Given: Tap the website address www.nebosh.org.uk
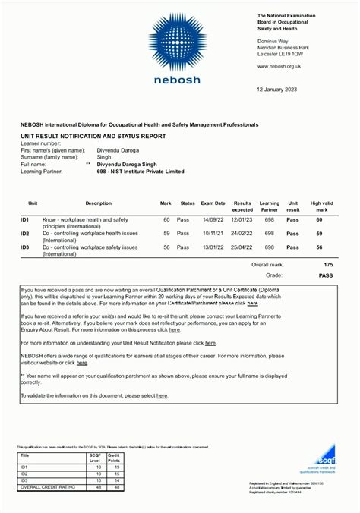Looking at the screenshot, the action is pyautogui.click(x=279, y=66).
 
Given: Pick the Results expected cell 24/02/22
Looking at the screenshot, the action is pyautogui.click(x=242, y=233).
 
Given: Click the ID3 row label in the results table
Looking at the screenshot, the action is pyautogui.click(x=25, y=247).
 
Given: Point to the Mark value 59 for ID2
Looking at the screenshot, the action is pyautogui.click(x=166, y=233).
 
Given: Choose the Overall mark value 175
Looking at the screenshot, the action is pyautogui.click(x=328, y=265).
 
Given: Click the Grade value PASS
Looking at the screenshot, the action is pyautogui.click(x=326, y=275).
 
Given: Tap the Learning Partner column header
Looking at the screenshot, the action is pyautogui.click(x=269, y=206).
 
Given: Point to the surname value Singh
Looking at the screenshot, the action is pyautogui.click(x=103, y=156).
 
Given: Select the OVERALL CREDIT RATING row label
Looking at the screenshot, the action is pyautogui.click(x=47, y=487).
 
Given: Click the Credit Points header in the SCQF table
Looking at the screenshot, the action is pyautogui.click(x=114, y=458).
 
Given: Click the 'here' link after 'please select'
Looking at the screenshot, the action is pyautogui.click(x=162, y=395).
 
